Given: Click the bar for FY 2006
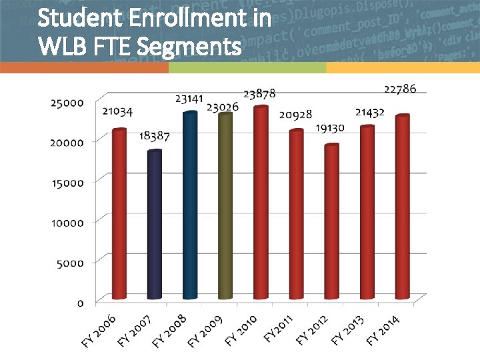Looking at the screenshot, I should click(119, 213).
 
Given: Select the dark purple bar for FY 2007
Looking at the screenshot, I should click(155, 225).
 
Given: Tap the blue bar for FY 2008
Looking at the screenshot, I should click(190, 205).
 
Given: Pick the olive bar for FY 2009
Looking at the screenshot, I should click(225, 206).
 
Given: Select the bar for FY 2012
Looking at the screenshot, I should click(331, 221).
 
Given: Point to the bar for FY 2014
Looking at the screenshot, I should click(402, 207).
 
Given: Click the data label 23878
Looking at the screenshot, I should click(259, 94).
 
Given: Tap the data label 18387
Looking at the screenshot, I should click(154, 136).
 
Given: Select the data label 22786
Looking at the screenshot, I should click(401, 89).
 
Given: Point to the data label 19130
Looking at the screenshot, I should click(330, 127).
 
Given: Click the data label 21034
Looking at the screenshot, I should click(117, 111).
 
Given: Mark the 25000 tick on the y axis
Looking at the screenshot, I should click(67, 103).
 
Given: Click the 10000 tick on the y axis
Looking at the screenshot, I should click(67, 223).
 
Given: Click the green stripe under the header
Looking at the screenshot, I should click(247, 68).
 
